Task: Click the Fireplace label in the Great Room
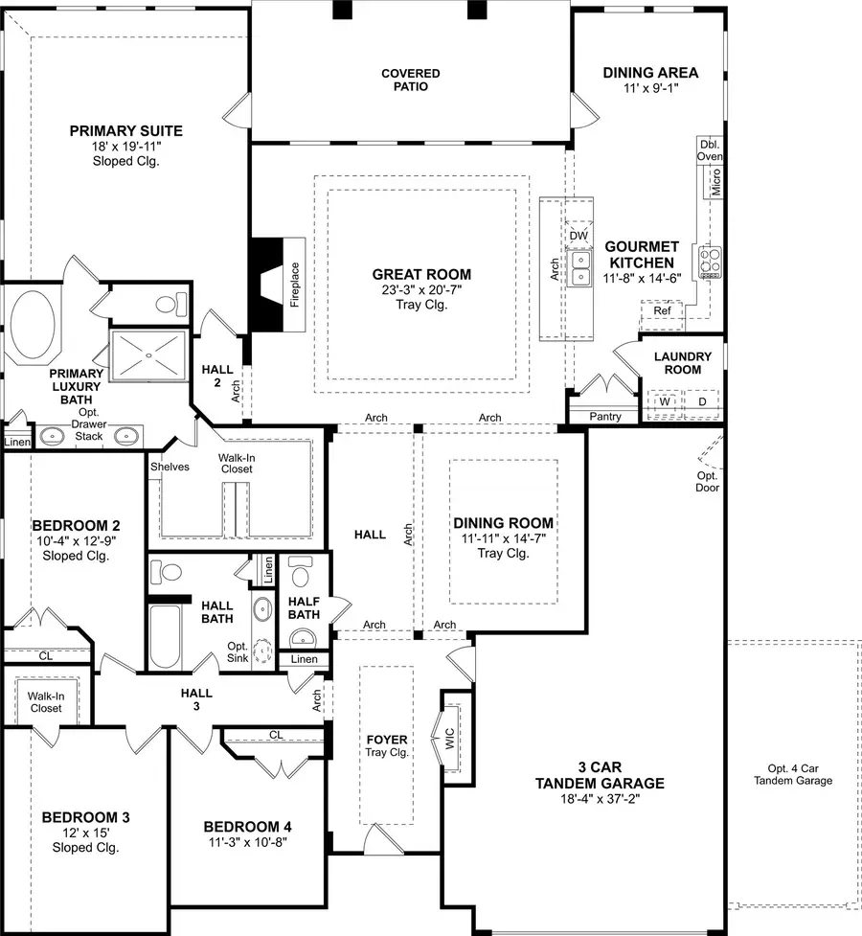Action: [x=296, y=285]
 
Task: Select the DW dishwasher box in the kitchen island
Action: [x=578, y=235]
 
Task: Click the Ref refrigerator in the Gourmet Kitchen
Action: [x=662, y=310]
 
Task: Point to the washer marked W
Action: [x=662, y=401]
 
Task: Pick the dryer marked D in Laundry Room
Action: [x=701, y=401]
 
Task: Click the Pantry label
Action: [x=605, y=417]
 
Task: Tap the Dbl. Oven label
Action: [x=710, y=149]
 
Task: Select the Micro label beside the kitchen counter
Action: [x=715, y=180]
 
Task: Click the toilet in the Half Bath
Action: [x=301, y=576]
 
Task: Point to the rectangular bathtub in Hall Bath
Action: [x=166, y=636]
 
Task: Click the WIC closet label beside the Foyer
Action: [x=449, y=739]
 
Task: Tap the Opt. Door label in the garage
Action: [x=708, y=482]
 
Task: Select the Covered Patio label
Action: [x=410, y=80]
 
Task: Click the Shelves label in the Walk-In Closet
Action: [x=170, y=467]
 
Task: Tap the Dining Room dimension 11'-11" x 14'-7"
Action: [x=502, y=538]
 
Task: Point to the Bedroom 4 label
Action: [x=247, y=827]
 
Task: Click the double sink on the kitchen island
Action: [x=580, y=268]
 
